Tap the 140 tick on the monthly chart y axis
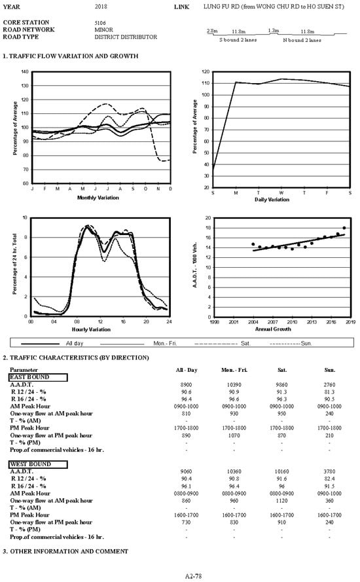[x=24, y=71]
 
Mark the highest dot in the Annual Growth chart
[x=344, y=228]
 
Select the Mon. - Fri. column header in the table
[x=235, y=370]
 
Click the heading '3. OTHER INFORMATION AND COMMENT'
[x=65, y=551]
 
